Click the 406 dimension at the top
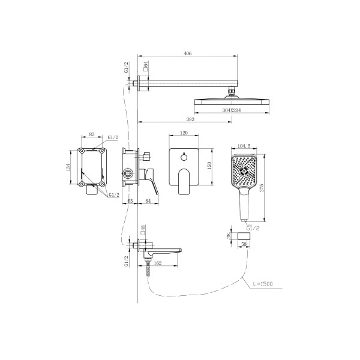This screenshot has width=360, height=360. point(188,53)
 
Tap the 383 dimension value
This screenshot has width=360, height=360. point(190,119)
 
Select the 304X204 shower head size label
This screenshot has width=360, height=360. point(232,110)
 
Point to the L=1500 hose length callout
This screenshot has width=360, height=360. point(263,284)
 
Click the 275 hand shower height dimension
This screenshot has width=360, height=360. point(262,188)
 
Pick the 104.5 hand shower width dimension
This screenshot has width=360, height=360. point(244,146)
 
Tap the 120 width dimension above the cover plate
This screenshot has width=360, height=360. point(184,133)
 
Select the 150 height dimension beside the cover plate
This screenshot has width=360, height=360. point(209,166)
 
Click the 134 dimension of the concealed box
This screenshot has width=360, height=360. point(68,167)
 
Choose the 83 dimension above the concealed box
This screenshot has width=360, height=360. point(92,134)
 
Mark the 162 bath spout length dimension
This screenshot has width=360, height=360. point(157,263)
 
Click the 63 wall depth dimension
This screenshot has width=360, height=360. point(130,201)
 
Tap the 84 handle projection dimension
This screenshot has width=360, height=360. point(148,201)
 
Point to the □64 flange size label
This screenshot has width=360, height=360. point(145,67)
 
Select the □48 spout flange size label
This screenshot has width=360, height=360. point(143,230)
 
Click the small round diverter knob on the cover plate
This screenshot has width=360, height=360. point(184,157)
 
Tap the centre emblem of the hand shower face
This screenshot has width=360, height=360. point(244,170)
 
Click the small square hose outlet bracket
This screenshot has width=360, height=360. point(244,236)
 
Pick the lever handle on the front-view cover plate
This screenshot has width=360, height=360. point(184,182)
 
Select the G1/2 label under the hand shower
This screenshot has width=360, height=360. point(253,228)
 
